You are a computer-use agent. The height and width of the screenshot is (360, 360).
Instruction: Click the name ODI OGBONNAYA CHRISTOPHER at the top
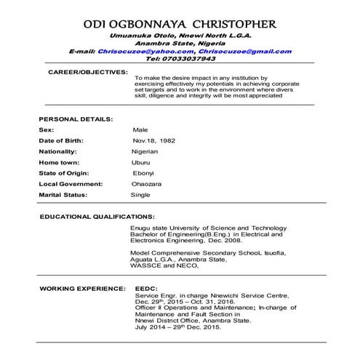[180, 25]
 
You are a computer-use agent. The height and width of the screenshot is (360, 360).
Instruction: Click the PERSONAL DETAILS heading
[75, 118]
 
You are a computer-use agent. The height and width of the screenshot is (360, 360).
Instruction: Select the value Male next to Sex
[140, 129]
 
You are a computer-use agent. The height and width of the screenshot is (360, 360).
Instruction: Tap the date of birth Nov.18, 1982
[153, 140]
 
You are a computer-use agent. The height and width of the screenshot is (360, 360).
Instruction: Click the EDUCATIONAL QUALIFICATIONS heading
[97, 217]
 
